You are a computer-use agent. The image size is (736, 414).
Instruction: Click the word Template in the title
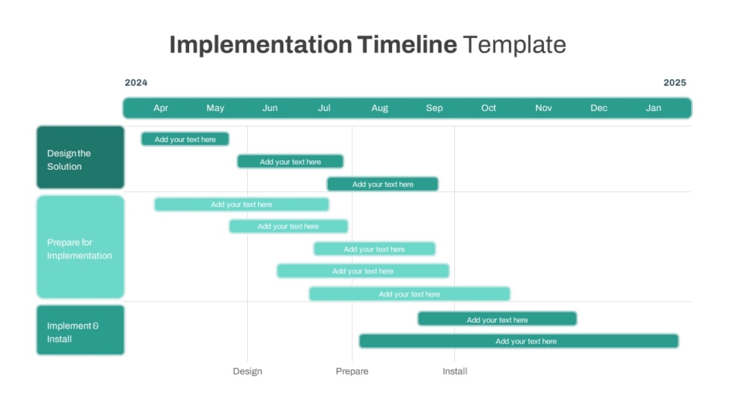point(514,45)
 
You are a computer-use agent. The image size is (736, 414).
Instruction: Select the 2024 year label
point(136,83)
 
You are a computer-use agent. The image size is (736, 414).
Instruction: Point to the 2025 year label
point(675,83)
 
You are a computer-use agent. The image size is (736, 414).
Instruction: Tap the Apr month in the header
point(160,108)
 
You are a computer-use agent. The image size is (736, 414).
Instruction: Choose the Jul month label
point(324,108)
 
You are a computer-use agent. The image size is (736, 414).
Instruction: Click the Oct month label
point(488,108)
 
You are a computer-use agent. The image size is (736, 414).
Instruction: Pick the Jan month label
point(653,108)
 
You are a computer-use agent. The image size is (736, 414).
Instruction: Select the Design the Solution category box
point(81,157)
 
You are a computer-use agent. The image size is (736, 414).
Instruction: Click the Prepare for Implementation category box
point(81,247)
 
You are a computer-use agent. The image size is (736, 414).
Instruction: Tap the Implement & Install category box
point(81,330)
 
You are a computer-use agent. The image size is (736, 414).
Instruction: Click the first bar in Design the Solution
point(185,139)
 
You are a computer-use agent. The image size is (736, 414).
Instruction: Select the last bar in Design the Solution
point(383,185)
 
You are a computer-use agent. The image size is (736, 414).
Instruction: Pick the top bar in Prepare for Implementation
point(241,205)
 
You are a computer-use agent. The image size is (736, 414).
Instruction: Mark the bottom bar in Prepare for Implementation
point(409,294)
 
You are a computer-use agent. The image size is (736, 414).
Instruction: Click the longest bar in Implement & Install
point(518,341)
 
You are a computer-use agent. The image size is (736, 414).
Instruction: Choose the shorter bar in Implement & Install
point(497,319)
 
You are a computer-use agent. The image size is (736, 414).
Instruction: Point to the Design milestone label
point(247,371)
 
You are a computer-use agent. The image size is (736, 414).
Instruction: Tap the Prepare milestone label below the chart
point(352,371)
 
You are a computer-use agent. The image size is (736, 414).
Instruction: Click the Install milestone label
point(455,371)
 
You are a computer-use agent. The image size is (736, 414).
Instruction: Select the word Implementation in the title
point(260,45)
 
